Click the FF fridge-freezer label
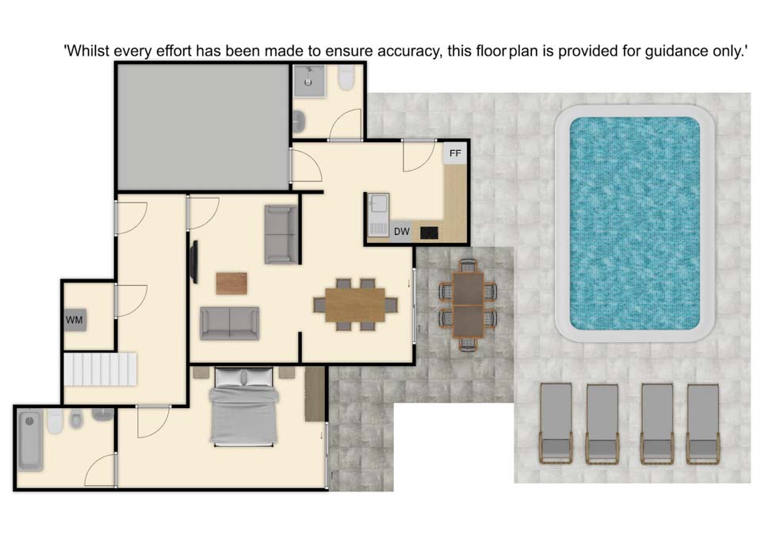[x=455, y=153]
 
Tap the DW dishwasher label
[x=402, y=232]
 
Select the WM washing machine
[x=75, y=320]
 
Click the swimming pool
[x=635, y=223]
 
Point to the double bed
[x=244, y=406]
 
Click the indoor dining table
[x=355, y=305]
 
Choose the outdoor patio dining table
[x=468, y=306]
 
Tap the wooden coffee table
[x=231, y=283]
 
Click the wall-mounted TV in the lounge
[x=194, y=262]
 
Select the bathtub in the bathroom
[x=30, y=440]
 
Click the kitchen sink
[x=378, y=202]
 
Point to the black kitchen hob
[x=429, y=233]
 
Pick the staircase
[x=100, y=369]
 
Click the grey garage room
[x=204, y=127]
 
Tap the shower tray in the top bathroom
[x=308, y=81]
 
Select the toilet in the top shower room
[x=346, y=77]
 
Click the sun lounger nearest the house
[x=556, y=423]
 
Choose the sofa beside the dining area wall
[x=281, y=235]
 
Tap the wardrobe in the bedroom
[x=315, y=394]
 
